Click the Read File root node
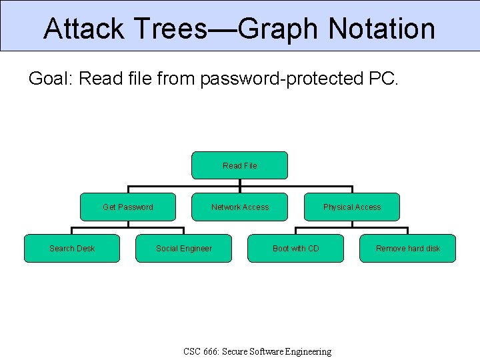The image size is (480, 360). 239,165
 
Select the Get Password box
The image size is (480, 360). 127,207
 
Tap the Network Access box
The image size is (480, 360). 239,207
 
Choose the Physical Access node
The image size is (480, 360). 352,207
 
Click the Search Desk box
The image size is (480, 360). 72,248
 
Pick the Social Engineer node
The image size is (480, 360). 183,248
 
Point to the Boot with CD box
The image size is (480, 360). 295,248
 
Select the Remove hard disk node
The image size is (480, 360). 407,248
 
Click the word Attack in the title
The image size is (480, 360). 83,29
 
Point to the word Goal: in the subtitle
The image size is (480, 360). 51,79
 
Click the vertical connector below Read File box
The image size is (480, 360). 240,183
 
